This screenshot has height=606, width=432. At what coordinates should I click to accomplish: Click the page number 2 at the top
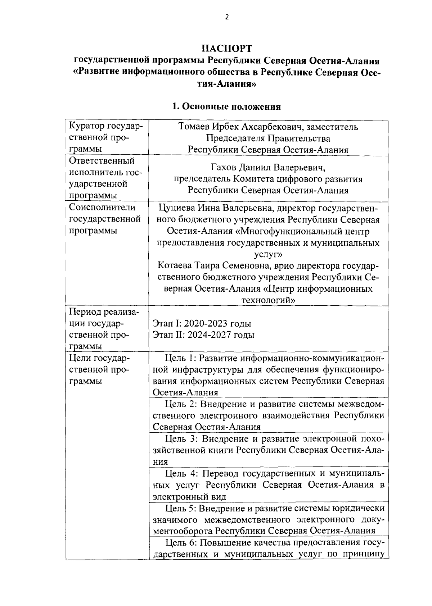[x=227, y=17]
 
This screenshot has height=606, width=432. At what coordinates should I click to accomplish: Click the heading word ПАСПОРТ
[x=226, y=49]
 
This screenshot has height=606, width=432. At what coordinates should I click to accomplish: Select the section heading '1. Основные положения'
[x=226, y=106]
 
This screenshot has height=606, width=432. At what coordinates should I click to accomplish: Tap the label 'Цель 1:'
[x=180, y=358]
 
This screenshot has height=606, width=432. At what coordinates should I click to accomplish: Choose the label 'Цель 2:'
[x=181, y=404]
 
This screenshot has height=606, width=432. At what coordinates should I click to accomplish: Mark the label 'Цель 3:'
[x=181, y=439]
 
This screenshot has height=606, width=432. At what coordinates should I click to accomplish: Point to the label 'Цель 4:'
[x=181, y=473]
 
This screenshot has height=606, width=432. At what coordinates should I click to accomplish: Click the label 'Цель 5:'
[x=180, y=508]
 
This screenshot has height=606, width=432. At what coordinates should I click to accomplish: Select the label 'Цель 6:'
[x=180, y=543]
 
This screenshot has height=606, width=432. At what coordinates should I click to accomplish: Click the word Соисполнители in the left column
[x=102, y=208]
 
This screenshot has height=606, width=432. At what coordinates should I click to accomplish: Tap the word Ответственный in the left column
[x=102, y=161]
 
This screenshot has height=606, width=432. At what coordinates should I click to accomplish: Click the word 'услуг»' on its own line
[x=268, y=255]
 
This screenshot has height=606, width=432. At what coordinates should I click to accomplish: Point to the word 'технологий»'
[x=268, y=300]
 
